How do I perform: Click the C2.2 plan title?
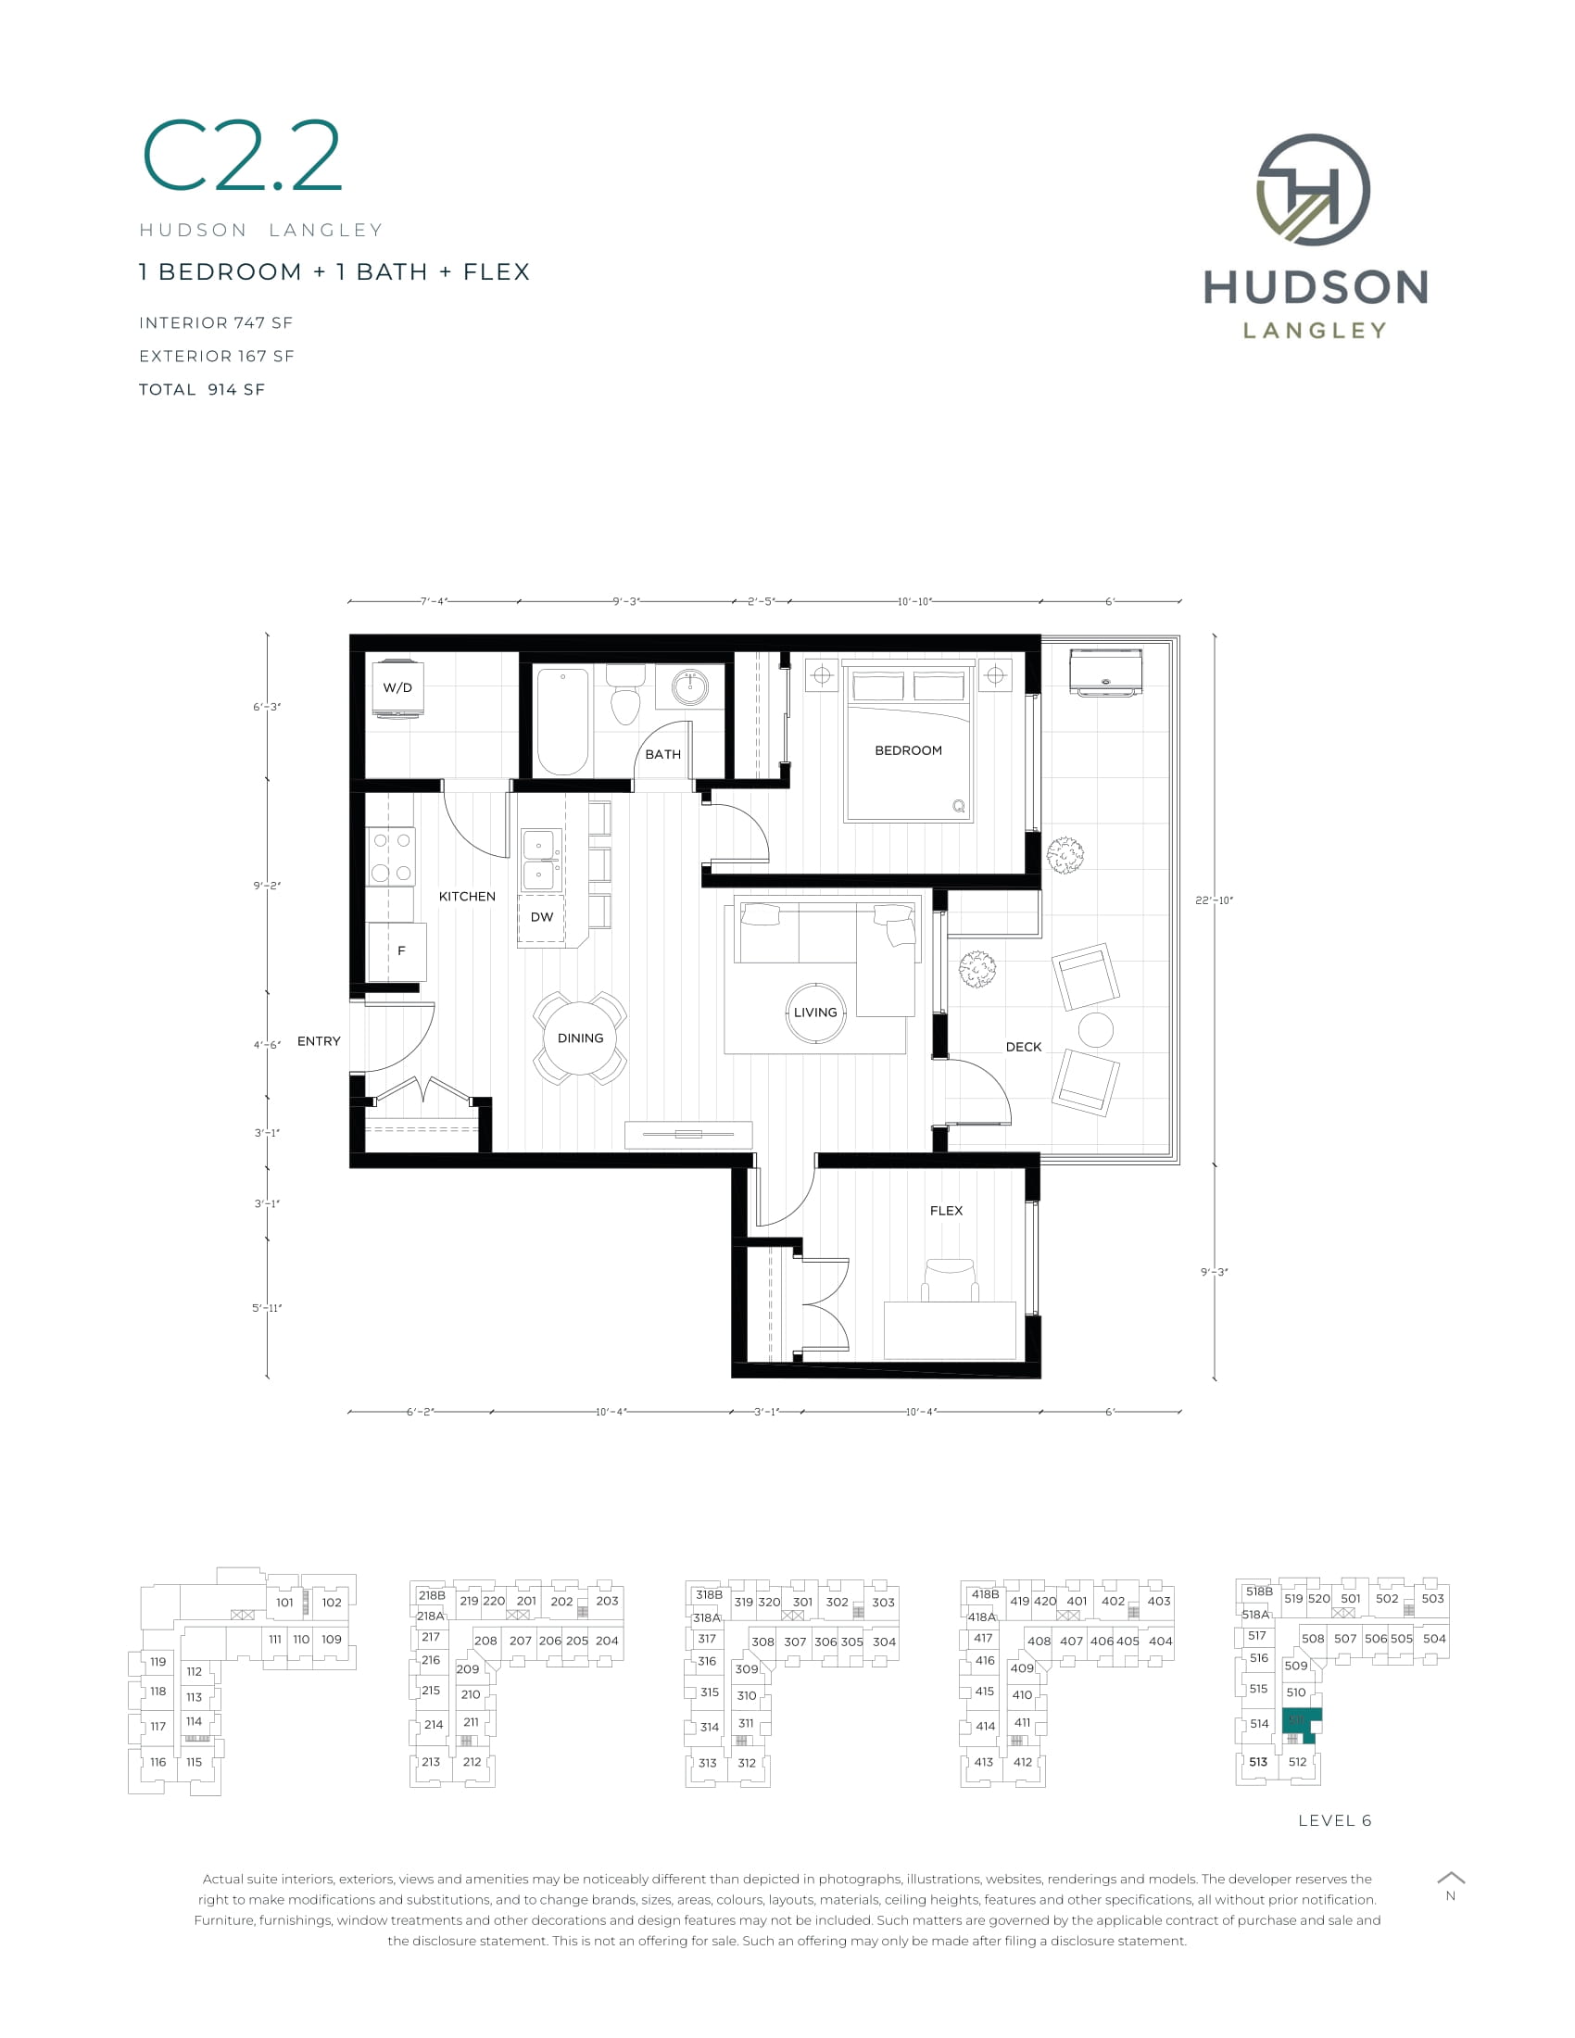[x=242, y=157]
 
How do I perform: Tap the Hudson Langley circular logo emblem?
[x=1314, y=189]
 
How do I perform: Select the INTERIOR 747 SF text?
[x=216, y=323]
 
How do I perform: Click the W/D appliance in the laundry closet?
[x=398, y=688]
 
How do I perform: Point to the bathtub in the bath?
[x=562, y=722]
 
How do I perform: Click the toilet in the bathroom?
[x=625, y=694]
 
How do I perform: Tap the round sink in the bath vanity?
[x=690, y=688]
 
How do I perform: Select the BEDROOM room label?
[x=908, y=750]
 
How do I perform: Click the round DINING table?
[x=580, y=1038]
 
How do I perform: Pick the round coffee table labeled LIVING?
[x=815, y=1013]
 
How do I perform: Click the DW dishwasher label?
[x=542, y=917]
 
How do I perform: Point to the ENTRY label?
[x=318, y=1041]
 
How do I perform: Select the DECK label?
[x=1024, y=1047]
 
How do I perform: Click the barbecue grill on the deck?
[x=1105, y=672]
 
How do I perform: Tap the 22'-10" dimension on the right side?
[x=1214, y=900]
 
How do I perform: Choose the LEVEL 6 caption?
[x=1334, y=1820]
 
